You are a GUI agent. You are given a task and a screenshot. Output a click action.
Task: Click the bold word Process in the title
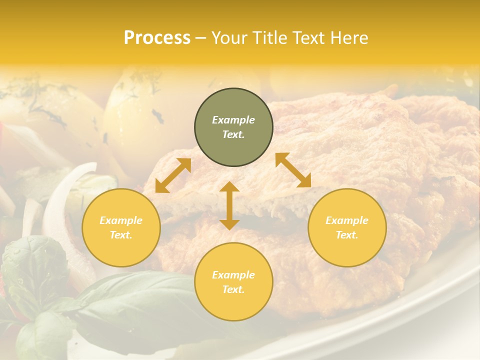click(157, 38)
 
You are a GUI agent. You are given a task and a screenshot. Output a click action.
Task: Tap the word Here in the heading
click(348, 38)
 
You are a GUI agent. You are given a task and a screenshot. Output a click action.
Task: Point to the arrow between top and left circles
click(173, 175)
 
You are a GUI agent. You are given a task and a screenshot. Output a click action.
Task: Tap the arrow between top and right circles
click(293, 170)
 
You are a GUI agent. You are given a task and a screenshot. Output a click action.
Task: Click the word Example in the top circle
click(233, 120)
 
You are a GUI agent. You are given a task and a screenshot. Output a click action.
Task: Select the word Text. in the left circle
click(121, 235)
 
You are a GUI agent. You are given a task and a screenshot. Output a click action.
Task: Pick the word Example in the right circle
click(347, 220)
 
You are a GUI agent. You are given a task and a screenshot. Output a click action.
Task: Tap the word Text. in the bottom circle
click(233, 289)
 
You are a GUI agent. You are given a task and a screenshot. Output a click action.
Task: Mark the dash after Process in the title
click(201, 38)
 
